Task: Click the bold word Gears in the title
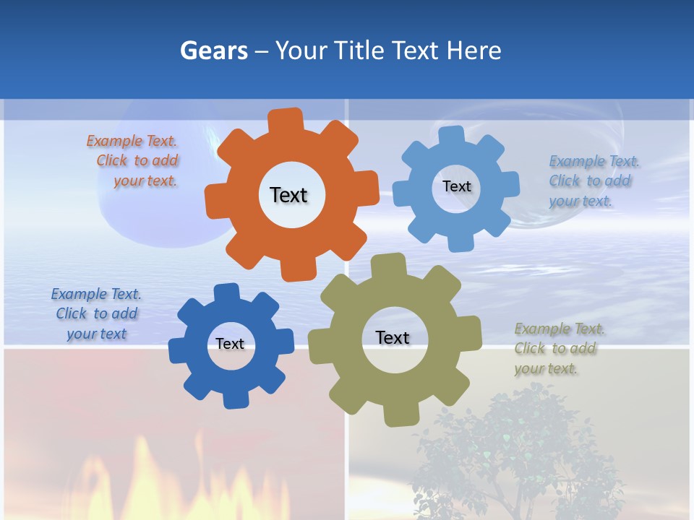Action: point(213,51)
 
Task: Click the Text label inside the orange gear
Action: point(288,195)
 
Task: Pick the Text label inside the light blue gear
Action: point(456,186)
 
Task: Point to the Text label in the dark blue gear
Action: point(230,344)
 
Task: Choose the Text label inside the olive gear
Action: point(392,337)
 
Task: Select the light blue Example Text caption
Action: point(590,181)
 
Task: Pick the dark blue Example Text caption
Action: point(96,313)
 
